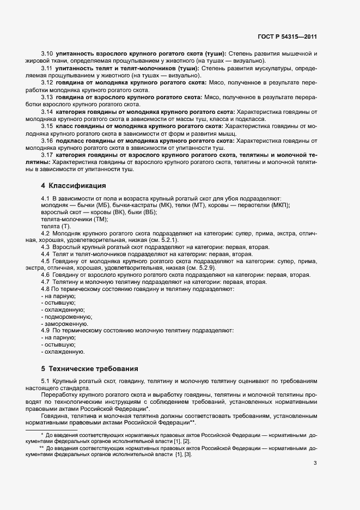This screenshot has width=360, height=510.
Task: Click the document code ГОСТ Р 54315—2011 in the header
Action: coord(287,37)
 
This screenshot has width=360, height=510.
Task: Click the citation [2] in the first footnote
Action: coord(187,440)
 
